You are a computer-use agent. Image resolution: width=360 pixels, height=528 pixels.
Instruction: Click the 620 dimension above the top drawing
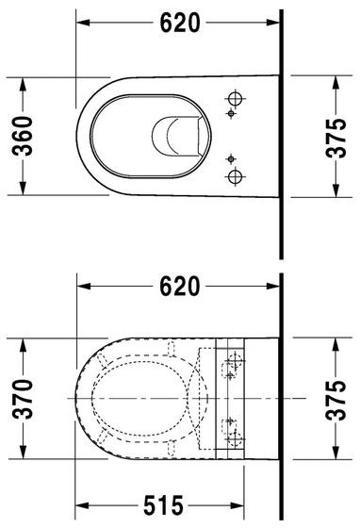[x=180, y=25]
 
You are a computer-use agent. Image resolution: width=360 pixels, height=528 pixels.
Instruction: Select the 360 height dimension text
[x=25, y=137]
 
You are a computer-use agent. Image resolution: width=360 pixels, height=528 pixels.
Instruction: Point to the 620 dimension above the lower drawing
[x=180, y=287]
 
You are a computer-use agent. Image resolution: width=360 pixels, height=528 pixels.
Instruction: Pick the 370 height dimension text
[x=25, y=398]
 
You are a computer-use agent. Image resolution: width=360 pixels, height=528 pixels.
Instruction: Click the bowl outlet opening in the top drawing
[x=176, y=136]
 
